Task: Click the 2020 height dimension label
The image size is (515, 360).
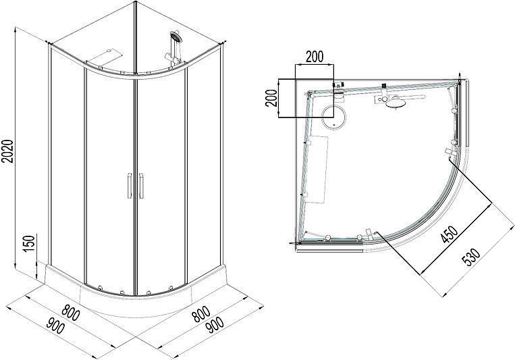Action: (7, 151)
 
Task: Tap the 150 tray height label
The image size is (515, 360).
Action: (29, 242)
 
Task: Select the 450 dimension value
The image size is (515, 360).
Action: (450, 234)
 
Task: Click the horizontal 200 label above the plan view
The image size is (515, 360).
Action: (315, 57)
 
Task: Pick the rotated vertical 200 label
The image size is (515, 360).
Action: (271, 98)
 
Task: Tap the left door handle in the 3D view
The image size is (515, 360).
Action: (129, 186)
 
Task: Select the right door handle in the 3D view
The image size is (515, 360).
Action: (141, 186)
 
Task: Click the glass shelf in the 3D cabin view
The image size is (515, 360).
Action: (105, 57)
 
